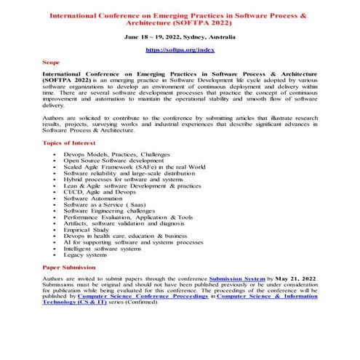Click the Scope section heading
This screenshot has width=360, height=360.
(x=53, y=63)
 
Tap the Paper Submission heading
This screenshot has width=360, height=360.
(x=73, y=268)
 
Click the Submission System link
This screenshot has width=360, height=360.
(x=237, y=279)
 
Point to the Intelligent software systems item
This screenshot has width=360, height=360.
(x=103, y=249)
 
